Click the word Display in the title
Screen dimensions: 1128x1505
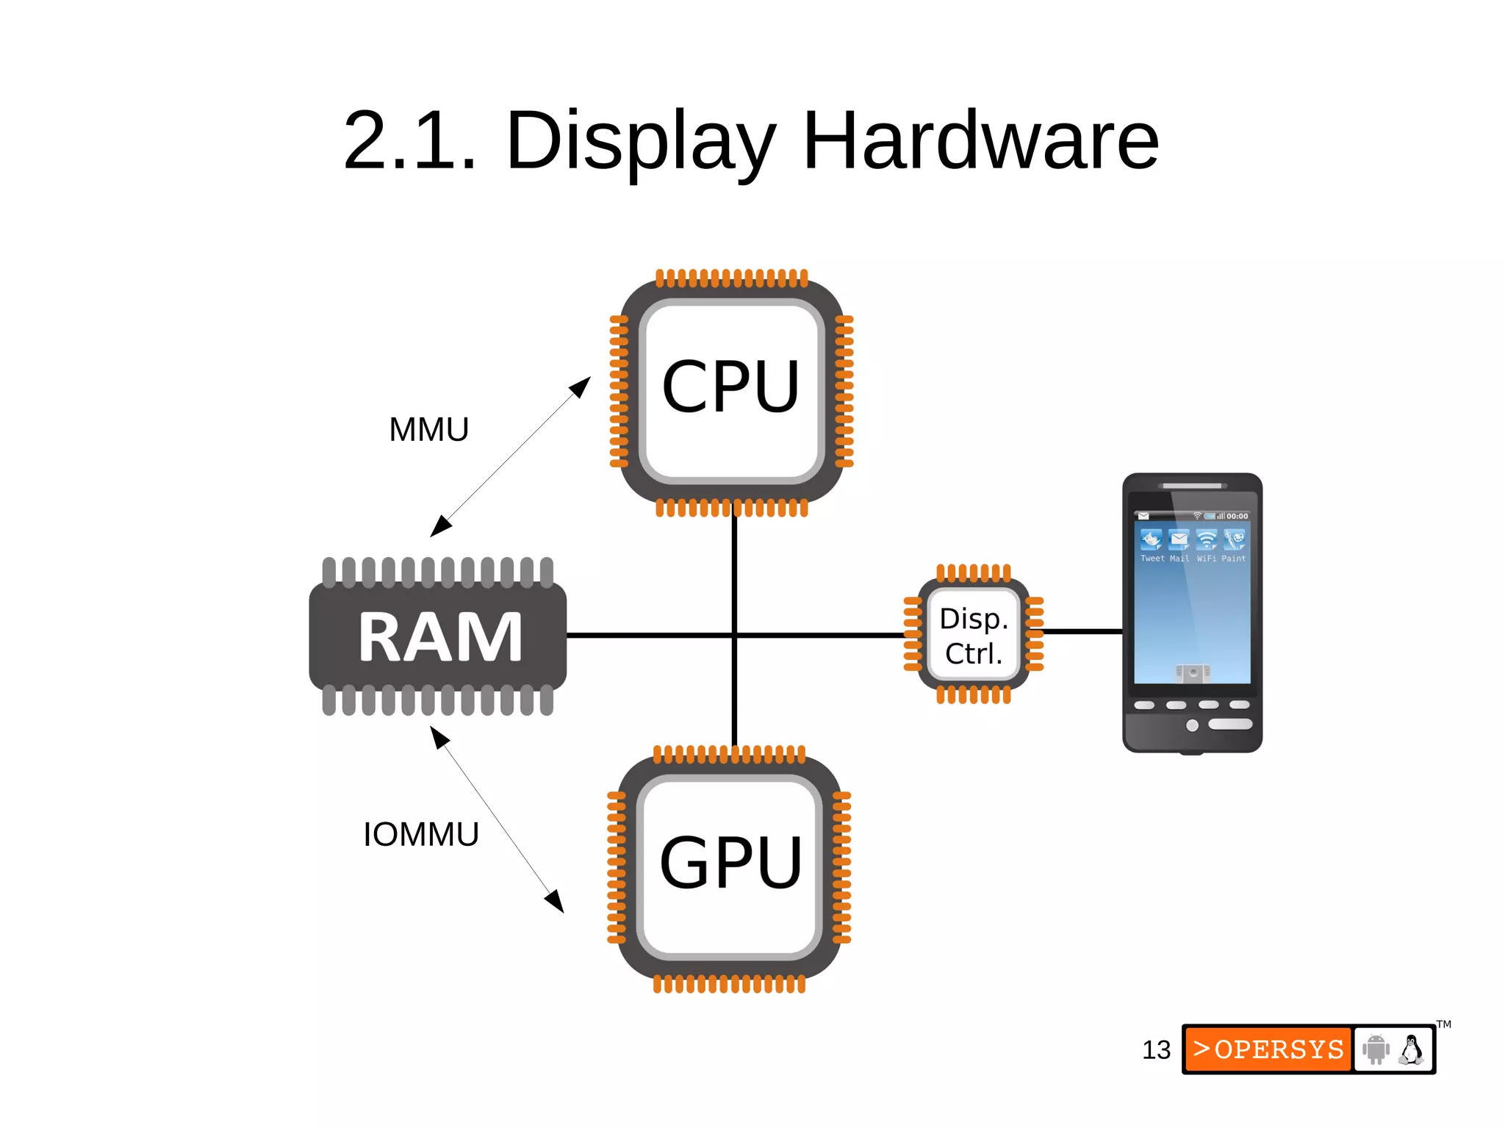639,141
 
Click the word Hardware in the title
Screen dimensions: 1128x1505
980,141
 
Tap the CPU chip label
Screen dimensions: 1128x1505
730,387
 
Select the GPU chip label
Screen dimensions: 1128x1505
730,863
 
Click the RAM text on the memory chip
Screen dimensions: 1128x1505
439,637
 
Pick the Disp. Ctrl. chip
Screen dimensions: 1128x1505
973,636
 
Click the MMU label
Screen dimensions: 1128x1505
428,430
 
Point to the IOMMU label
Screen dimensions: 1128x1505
420,835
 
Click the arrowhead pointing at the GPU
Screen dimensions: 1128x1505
556,902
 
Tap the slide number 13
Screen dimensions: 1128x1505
1156,1050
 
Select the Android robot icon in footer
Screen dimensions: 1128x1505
1376,1049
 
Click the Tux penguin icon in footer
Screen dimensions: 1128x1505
1411,1049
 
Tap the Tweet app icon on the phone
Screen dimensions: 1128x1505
1151,540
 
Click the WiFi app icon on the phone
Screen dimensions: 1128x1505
1206,540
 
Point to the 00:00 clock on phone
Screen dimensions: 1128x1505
1237,517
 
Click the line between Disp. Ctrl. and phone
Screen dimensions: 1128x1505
1082,631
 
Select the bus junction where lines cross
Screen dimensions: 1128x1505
734,635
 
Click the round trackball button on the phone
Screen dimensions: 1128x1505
1192,725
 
